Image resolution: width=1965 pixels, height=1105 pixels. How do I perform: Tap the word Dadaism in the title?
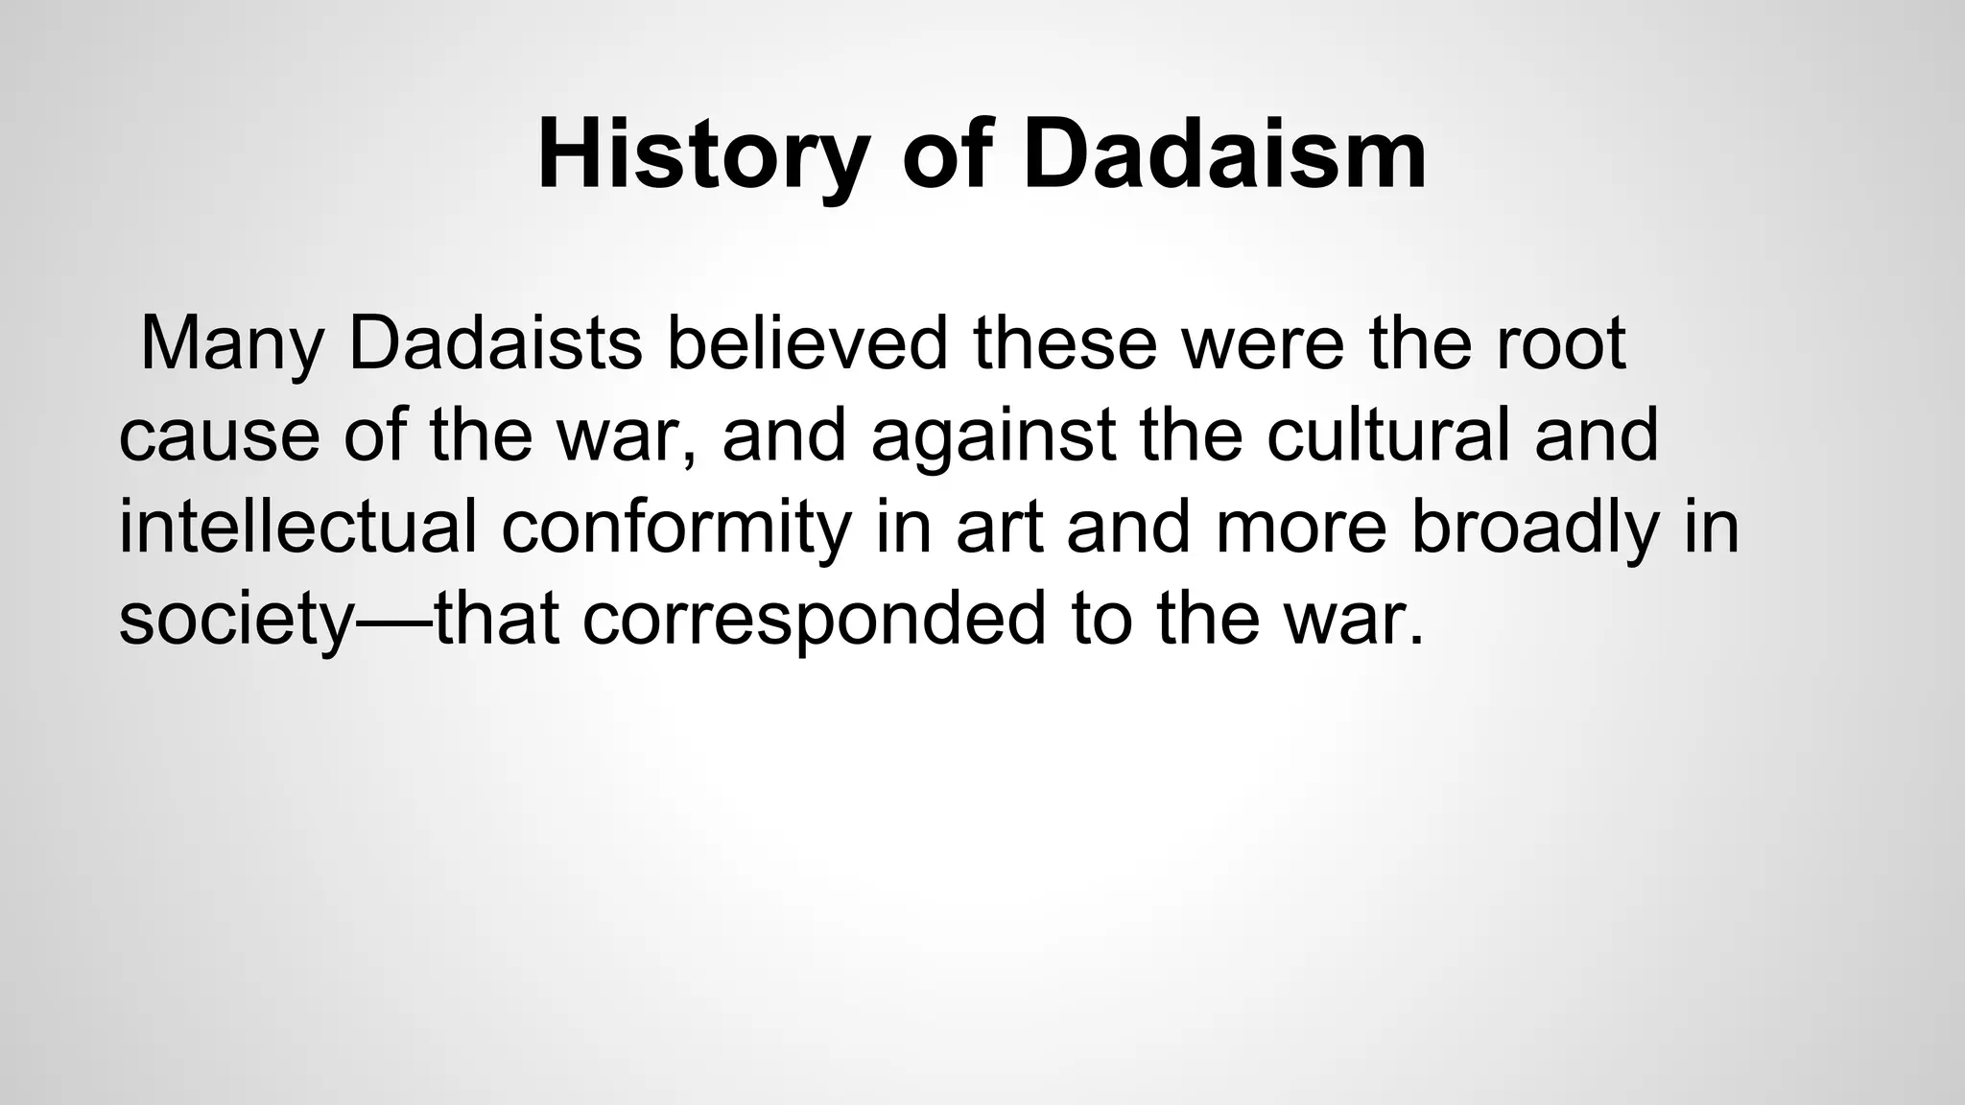(x=1224, y=155)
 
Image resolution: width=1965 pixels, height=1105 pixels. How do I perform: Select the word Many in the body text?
(x=231, y=343)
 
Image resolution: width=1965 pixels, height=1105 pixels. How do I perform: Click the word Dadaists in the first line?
(x=494, y=343)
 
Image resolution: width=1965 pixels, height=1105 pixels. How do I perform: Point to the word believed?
(x=807, y=343)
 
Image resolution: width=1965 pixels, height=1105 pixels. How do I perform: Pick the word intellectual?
(x=297, y=528)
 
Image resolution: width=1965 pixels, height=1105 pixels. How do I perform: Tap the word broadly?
(x=1535, y=528)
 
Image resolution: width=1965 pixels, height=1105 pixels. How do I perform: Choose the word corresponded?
(x=814, y=620)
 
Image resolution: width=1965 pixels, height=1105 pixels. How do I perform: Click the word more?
(x=1301, y=528)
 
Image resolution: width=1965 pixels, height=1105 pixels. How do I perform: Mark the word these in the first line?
(x=1066, y=343)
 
